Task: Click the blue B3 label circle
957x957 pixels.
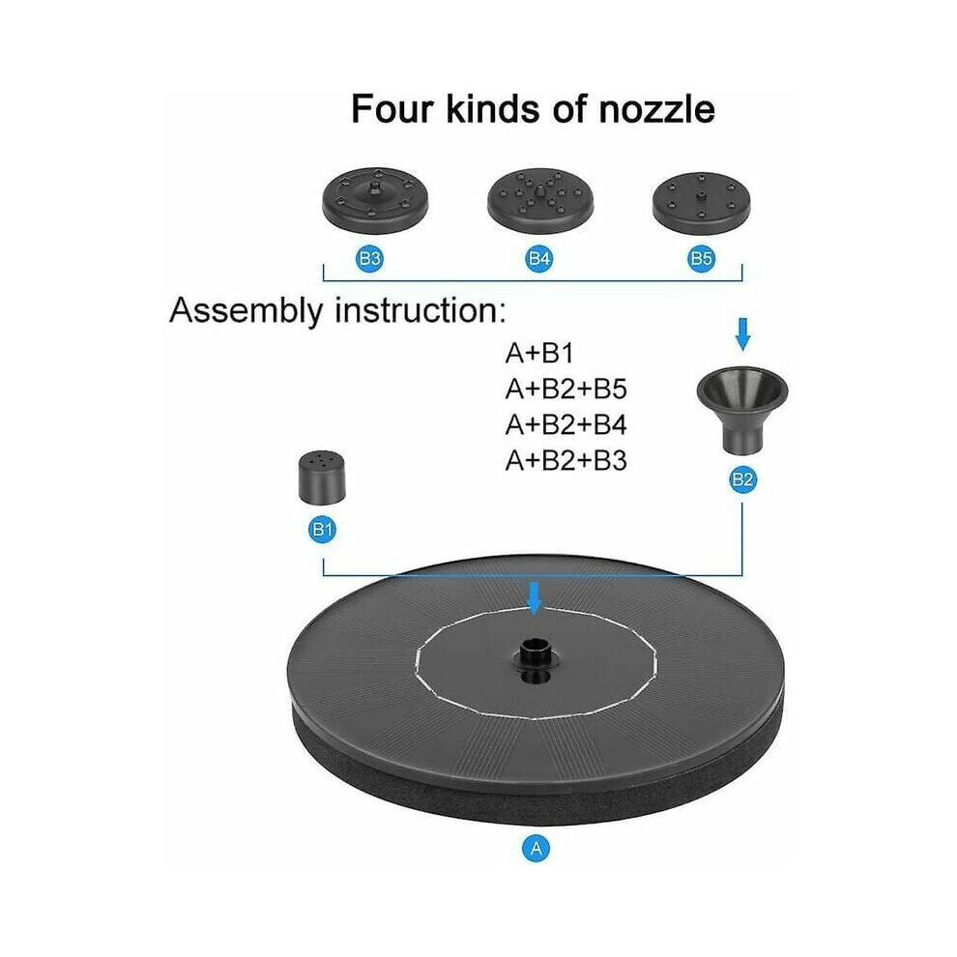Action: coord(370,258)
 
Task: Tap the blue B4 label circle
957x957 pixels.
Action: coord(539,258)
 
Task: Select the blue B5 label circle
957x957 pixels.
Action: coord(701,258)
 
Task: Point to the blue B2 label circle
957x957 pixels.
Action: coord(742,479)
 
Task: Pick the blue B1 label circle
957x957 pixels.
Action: coord(322,529)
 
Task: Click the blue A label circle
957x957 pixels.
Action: coord(536,849)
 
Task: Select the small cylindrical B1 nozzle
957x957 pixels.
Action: coord(322,478)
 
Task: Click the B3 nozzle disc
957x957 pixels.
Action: coord(375,199)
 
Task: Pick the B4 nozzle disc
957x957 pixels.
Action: coord(540,199)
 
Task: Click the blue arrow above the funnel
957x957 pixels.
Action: coord(742,333)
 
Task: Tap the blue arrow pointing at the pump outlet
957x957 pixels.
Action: coord(535,598)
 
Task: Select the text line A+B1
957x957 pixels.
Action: coord(539,354)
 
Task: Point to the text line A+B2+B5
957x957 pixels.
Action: coord(565,389)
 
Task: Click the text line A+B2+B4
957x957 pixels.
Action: coord(565,424)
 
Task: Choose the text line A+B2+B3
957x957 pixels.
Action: coord(565,461)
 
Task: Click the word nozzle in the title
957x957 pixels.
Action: coord(656,109)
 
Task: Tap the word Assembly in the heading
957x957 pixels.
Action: coord(246,311)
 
